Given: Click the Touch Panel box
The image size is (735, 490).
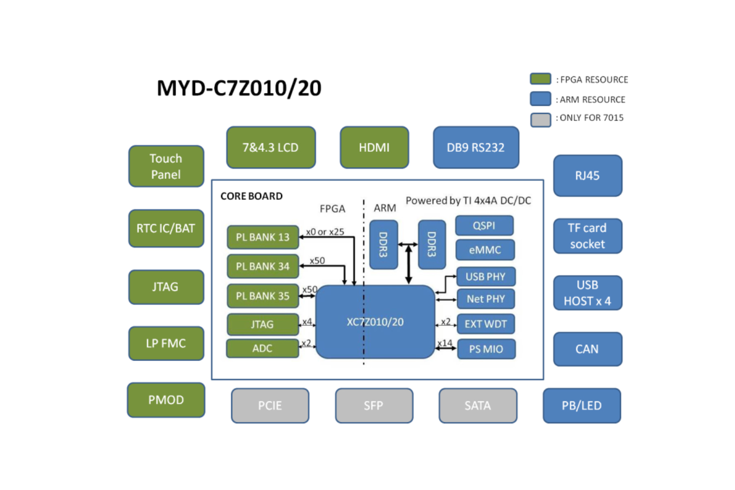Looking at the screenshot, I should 166,167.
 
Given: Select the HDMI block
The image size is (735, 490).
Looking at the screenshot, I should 374,147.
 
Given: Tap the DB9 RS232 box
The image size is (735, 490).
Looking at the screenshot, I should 476,147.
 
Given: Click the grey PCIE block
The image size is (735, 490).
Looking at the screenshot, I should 270,406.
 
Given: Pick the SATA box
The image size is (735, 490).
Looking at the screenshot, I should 478,406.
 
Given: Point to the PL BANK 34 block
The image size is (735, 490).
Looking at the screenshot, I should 263,267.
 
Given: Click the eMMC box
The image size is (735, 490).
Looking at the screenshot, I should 485,250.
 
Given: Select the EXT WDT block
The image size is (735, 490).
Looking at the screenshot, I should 486,324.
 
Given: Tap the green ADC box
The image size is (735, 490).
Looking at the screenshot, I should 262,348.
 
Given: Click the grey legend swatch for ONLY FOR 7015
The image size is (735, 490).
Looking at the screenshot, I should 540,119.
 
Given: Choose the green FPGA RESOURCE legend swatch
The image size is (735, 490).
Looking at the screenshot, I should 540,79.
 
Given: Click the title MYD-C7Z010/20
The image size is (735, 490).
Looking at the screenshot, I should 239,88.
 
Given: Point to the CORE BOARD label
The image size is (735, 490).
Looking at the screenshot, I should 251,196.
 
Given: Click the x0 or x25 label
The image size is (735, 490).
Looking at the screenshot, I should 325,232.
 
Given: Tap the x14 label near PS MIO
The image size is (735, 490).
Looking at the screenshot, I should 445,343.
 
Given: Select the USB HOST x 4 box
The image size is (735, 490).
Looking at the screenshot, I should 588,293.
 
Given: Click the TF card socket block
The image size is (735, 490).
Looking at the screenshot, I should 588,236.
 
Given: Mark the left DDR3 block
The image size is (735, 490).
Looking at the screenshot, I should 383,245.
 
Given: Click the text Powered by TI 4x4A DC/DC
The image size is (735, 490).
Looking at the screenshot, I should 468,200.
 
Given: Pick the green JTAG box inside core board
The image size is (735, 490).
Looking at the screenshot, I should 262,324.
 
